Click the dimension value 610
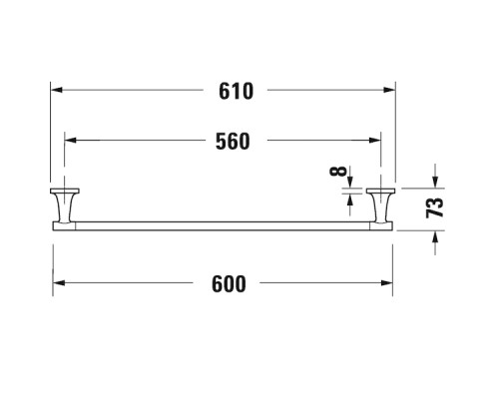coord(236,91)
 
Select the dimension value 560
coord(233,141)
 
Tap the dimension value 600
coord(229,283)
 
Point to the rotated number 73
coord(434,207)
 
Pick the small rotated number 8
coord(338,171)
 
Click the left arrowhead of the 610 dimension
coord(56,90)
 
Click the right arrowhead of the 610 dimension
coord(389,90)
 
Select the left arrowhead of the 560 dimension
coord(70,140)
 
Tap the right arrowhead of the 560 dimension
coord(375,140)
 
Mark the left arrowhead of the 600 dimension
coord(59,283)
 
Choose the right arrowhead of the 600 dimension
coord(386,283)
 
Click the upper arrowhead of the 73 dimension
coord(435,183)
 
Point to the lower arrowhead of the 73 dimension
coord(435,236)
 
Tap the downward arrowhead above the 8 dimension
coord(349,182)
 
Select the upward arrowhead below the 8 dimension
coord(349,199)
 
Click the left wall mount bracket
coord(65,204)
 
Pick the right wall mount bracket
coord(380,204)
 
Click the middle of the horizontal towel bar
coord(223,226)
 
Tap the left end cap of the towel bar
coord(64,226)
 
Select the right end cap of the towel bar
coord(381,226)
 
